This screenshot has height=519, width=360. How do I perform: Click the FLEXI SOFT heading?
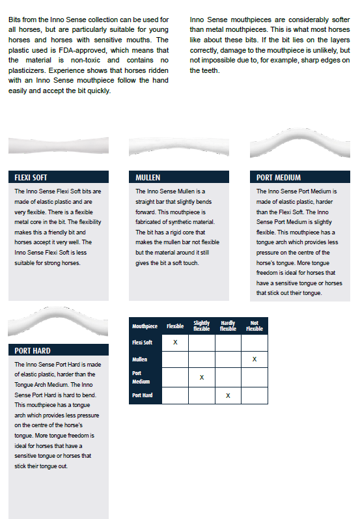tap(31, 177)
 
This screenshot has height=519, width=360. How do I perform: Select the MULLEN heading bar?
tap(178, 176)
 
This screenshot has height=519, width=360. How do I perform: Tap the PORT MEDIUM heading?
tap(278, 177)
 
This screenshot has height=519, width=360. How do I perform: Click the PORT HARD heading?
tap(33, 350)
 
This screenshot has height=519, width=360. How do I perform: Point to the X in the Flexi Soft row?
tap(175, 343)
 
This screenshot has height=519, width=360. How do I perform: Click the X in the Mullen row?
tap(255, 359)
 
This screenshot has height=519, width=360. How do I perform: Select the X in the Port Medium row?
tap(202, 377)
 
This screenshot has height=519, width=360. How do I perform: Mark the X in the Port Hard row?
tap(228, 395)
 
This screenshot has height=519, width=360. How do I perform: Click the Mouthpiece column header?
tap(145, 326)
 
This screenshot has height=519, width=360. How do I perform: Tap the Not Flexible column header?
tap(255, 326)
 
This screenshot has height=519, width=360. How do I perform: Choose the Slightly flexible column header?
tap(202, 326)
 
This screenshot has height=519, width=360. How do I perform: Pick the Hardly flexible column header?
tap(228, 326)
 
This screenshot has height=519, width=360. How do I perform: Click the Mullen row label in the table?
tap(139, 359)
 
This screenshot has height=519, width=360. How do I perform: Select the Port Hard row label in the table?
tap(143, 395)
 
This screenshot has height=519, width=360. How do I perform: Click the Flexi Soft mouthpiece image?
tap(59, 146)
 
